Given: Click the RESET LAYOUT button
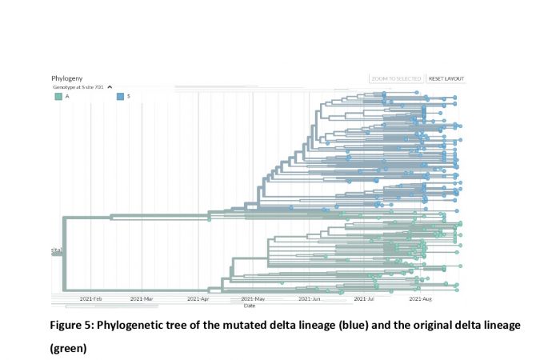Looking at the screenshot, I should click(x=446, y=78).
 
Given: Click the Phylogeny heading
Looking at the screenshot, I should click(x=67, y=78).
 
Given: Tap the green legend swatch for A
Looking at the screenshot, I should click(x=58, y=96).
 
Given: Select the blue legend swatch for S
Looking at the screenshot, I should click(x=120, y=96).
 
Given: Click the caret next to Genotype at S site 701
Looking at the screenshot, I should click(x=110, y=87).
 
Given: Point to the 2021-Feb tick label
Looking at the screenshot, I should click(x=91, y=298).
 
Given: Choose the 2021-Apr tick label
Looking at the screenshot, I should click(x=198, y=298).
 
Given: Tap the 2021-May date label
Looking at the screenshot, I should click(x=253, y=298).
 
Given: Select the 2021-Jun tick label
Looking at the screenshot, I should click(x=310, y=298).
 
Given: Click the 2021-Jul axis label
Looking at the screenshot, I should click(x=365, y=298).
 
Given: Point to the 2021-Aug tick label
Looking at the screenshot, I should click(x=421, y=298).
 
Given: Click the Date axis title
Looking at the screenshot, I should click(x=250, y=305).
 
